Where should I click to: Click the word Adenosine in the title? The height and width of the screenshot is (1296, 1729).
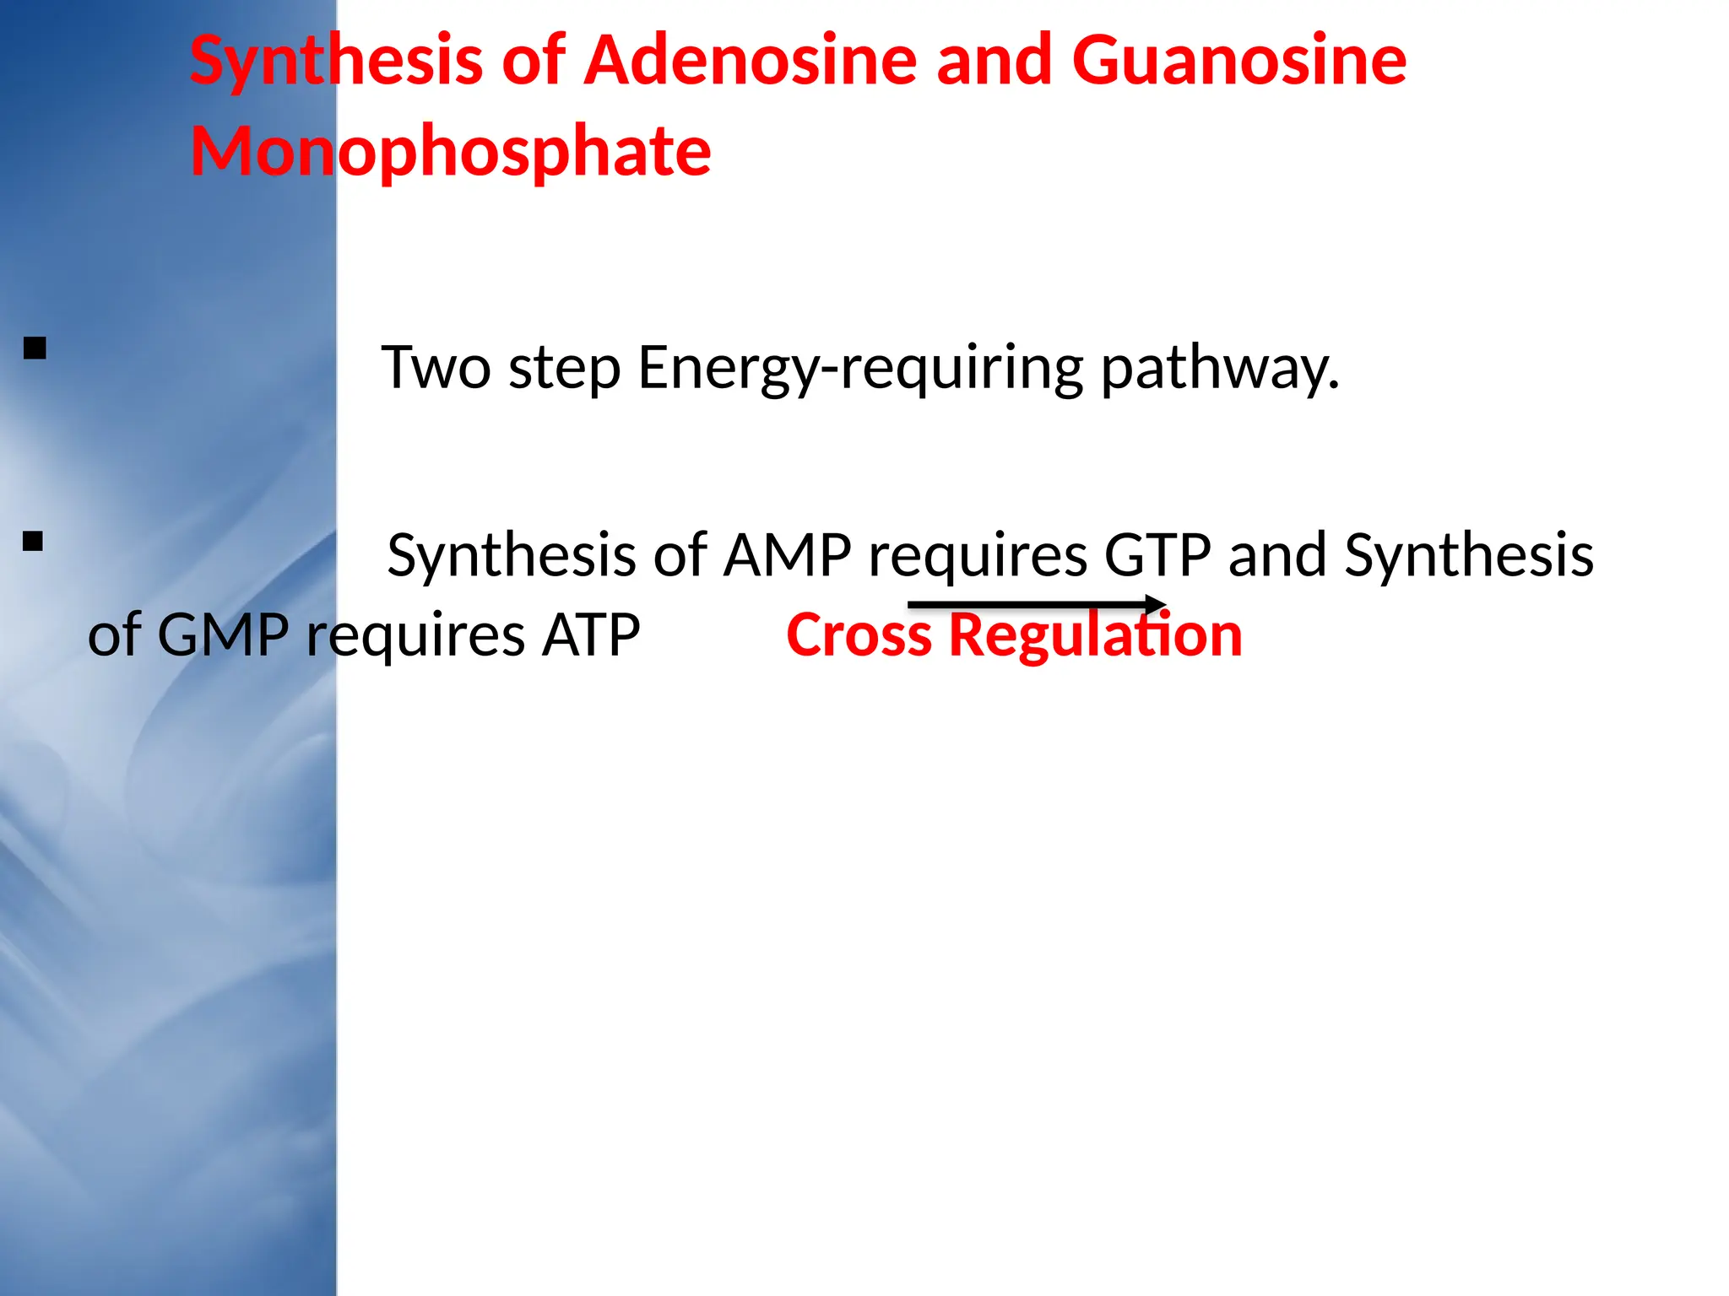[x=751, y=61]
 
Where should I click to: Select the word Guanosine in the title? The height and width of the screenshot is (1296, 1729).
[x=1238, y=61]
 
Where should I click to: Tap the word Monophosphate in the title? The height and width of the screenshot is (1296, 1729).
[x=451, y=152]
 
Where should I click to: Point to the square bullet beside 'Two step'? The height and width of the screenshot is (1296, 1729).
[x=35, y=348]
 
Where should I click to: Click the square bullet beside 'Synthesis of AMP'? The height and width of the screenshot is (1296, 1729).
[x=33, y=541]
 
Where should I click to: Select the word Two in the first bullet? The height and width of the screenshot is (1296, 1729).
[x=436, y=368]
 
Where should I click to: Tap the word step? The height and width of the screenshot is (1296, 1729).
[x=565, y=370]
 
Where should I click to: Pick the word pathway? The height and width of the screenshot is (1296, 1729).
[x=1220, y=370]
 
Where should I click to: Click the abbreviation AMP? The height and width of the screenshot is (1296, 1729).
[x=787, y=556]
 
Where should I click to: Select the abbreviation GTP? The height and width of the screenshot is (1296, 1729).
[x=1157, y=556]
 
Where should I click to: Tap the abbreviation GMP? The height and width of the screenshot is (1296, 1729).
[x=223, y=635]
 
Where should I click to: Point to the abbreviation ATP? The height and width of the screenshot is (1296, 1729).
[x=591, y=635]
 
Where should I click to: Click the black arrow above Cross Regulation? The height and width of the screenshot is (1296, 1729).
[x=1037, y=604]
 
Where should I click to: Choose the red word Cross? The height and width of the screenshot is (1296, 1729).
[x=859, y=635]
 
